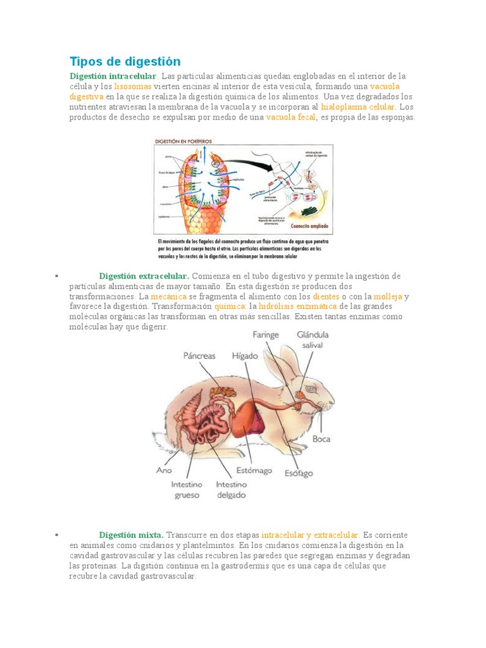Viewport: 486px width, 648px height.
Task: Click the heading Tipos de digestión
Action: click(x=125, y=61)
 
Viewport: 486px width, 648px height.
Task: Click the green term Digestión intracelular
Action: click(x=113, y=76)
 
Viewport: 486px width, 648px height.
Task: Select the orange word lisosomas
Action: click(x=133, y=86)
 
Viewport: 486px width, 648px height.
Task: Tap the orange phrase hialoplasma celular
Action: click(x=358, y=107)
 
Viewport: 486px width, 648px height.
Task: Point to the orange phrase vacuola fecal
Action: click(x=290, y=117)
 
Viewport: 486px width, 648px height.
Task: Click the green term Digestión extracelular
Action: click(x=144, y=276)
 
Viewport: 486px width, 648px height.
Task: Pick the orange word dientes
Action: click(x=326, y=296)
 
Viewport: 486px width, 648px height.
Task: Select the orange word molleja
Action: click(x=388, y=296)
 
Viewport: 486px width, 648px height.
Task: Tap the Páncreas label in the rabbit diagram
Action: click(x=199, y=356)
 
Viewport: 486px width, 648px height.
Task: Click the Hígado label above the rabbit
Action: click(x=245, y=356)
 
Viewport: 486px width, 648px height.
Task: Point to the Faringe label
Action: click(x=266, y=335)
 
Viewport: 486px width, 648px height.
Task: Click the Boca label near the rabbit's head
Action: click(x=321, y=439)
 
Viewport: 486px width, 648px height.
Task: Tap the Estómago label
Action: click(x=254, y=470)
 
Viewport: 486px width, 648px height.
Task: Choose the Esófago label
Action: click(x=299, y=473)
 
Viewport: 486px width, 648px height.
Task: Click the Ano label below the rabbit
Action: click(x=164, y=470)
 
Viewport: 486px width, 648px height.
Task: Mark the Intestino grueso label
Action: click(x=187, y=490)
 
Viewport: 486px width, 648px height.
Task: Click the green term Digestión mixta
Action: click(x=132, y=535)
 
